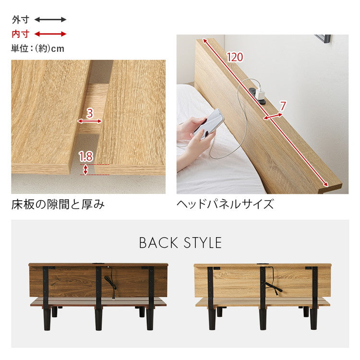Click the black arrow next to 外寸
coord(50,20)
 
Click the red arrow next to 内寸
coord(50,34)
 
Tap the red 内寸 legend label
coord(21,34)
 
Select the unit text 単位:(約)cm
coord(37,48)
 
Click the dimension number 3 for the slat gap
coord(90,114)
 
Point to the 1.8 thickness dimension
coord(85,156)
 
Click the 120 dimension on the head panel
coord(235,57)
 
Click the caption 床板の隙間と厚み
coord(58,205)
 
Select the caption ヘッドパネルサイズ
coord(225,205)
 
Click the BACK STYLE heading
coord(180,243)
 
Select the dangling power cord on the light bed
coord(275,285)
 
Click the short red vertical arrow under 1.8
coord(86,169)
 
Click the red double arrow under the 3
coord(89,122)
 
